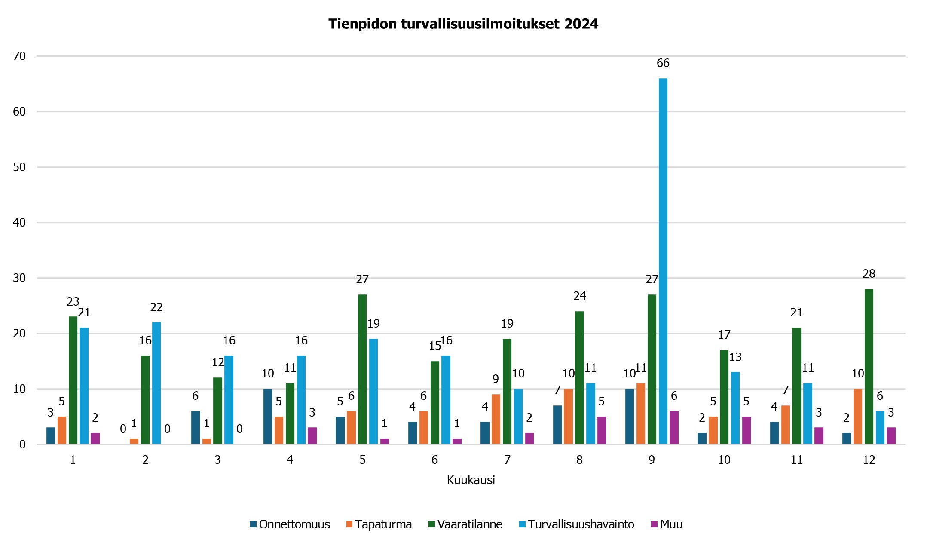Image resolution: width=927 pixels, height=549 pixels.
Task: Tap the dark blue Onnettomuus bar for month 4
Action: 267,416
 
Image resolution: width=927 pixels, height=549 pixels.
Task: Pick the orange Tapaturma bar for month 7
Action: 496,419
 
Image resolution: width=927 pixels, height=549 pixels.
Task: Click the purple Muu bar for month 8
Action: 601,430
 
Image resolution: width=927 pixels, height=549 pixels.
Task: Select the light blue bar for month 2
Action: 156,383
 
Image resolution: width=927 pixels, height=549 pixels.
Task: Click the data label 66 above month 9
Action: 663,63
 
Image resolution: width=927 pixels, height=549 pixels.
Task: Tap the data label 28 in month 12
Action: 869,274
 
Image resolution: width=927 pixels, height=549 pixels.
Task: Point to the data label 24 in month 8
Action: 579,296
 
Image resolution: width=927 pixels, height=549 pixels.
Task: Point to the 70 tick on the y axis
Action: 19,56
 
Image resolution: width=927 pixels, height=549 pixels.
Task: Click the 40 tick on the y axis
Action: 19,223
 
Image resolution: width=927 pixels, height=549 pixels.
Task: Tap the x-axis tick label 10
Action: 724,460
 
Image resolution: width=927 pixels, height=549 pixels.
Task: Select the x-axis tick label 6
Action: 434,460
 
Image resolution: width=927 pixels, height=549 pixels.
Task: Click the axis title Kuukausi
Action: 471,480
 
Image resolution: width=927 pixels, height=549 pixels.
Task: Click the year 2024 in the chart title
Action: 581,24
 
